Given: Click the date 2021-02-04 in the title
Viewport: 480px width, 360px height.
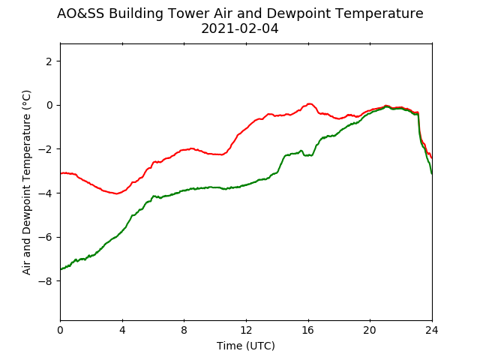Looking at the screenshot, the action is coord(240,28).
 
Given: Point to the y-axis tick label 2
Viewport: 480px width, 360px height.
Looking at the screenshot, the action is coord(49,61).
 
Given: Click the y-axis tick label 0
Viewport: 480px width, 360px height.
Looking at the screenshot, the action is coord(49,105).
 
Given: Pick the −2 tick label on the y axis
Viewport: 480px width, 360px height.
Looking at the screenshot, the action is coord(45,149).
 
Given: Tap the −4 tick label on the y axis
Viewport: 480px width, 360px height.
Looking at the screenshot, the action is coord(45,193).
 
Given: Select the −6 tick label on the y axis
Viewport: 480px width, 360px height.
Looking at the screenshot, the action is coord(45,237).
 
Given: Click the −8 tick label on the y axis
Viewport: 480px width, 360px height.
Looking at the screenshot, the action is coord(45,281).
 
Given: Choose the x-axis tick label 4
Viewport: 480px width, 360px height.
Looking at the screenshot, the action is coord(122,330).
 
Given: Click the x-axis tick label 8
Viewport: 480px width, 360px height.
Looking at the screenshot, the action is coord(184,330).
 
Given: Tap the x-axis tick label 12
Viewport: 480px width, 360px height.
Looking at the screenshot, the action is coord(247,330).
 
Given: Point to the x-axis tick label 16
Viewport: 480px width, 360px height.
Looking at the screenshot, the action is coord(308,330).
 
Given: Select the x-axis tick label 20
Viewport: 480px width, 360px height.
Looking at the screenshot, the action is coord(370,330).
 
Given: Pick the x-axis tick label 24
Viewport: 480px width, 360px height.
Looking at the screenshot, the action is coord(432,330).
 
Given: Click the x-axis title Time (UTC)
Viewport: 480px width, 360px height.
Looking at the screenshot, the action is coord(246,346).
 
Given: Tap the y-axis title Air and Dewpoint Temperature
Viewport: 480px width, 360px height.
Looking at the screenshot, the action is coord(27,182).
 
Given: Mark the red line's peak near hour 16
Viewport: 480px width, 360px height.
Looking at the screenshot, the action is coord(310,103).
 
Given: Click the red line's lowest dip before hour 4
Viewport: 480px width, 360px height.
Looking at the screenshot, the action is coord(116,193).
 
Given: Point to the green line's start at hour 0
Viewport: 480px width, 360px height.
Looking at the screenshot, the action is coord(61,269).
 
